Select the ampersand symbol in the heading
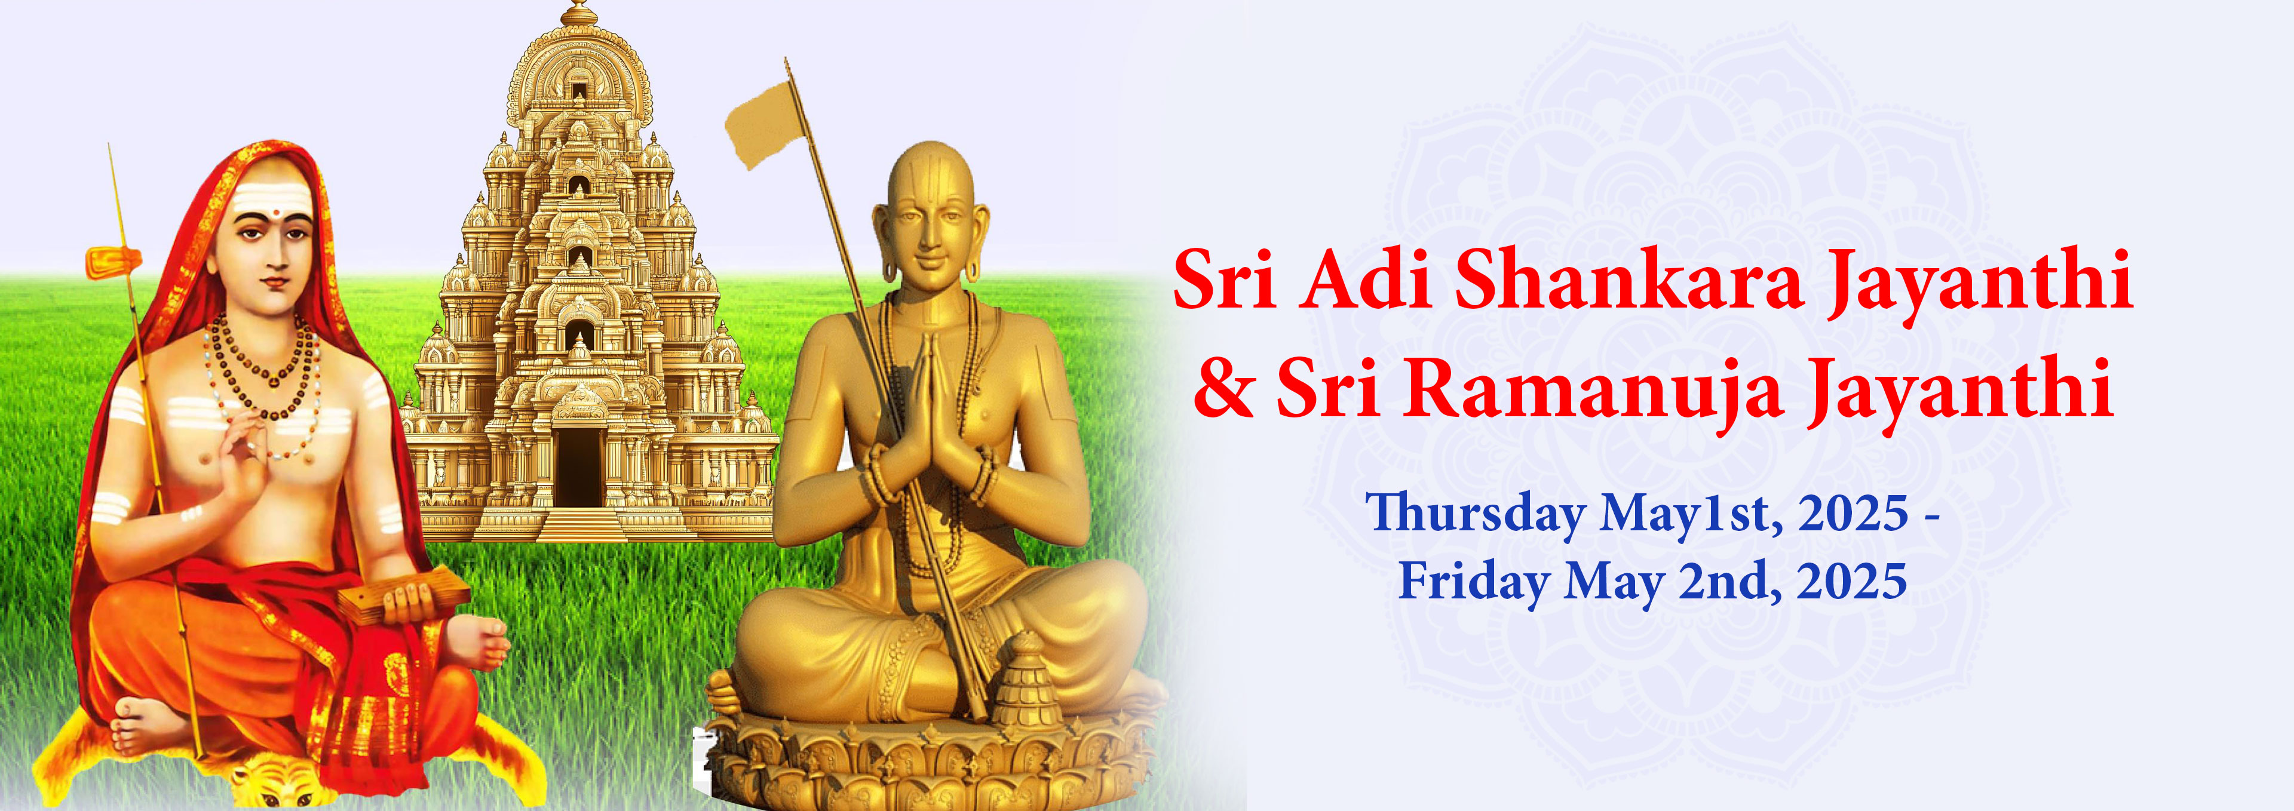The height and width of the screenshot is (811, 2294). coord(1223,390)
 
